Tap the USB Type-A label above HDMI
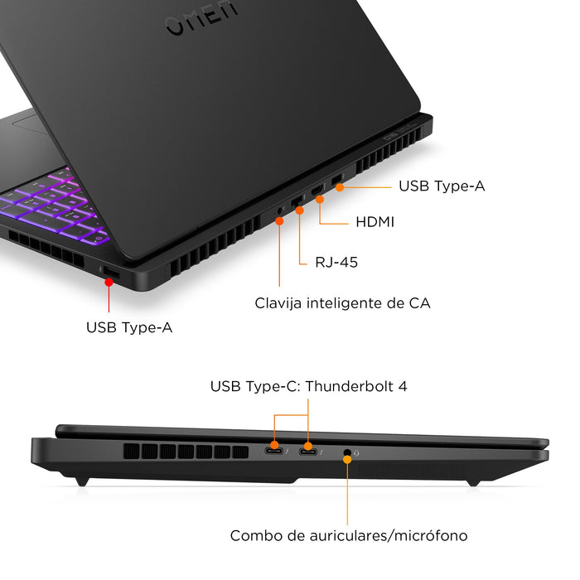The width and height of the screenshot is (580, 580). pyautogui.click(x=442, y=186)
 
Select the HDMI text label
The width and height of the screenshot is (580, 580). pyautogui.click(x=375, y=222)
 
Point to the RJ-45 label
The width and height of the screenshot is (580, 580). pyautogui.click(x=336, y=263)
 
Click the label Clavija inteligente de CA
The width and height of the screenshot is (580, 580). pyautogui.click(x=342, y=303)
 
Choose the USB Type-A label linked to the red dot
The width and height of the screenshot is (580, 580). pyautogui.click(x=129, y=327)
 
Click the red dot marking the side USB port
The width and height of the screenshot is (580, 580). pyautogui.click(x=108, y=282)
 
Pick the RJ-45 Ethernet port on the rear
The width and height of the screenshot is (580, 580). pyautogui.click(x=297, y=204)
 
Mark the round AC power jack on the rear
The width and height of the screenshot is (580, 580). pyautogui.click(x=279, y=211)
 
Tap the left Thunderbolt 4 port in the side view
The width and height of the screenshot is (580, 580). pyautogui.click(x=275, y=450)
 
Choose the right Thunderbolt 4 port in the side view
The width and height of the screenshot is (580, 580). pyautogui.click(x=309, y=451)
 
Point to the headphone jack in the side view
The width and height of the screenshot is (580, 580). pyautogui.click(x=346, y=452)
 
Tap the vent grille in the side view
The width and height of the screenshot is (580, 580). pyautogui.click(x=186, y=452)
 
